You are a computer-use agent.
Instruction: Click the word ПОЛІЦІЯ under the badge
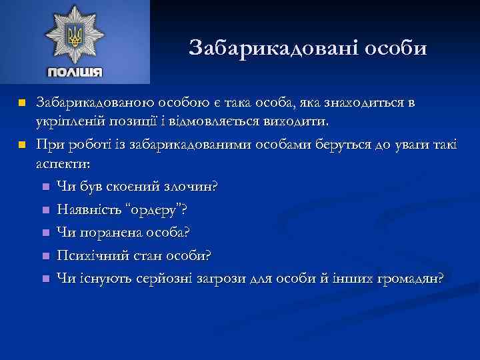pos(74,72)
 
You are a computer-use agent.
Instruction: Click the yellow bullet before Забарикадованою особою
pos(22,104)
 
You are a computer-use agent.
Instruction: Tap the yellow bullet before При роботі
pos(22,145)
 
